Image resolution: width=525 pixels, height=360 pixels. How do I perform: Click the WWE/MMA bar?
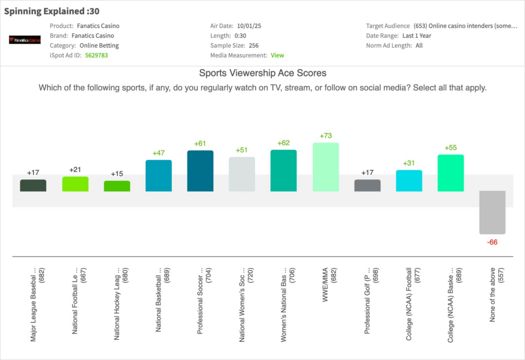(326, 167)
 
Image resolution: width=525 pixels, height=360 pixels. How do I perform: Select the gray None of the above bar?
(492, 212)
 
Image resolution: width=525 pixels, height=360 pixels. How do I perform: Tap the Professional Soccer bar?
(200, 171)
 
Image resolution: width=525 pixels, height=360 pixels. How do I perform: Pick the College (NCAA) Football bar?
(409, 181)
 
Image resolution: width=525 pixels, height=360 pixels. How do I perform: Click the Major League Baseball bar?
(33, 186)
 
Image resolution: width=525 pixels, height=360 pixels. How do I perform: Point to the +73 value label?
(326, 136)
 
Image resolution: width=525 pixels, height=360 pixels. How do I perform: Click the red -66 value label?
(492, 242)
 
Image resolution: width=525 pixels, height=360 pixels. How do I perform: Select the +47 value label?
(158, 153)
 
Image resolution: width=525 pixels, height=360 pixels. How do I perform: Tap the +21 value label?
(75, 170)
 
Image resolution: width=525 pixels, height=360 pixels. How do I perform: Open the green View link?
(277, 55)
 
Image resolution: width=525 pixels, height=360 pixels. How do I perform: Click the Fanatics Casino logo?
(25, 39)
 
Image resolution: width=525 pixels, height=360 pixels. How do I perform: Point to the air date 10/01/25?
(249, 26)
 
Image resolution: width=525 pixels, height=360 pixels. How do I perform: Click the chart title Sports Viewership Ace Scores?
(262, 73)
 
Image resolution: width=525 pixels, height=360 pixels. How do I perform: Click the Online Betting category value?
(99, 46)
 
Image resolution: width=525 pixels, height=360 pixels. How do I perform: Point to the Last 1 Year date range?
(417, 36)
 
